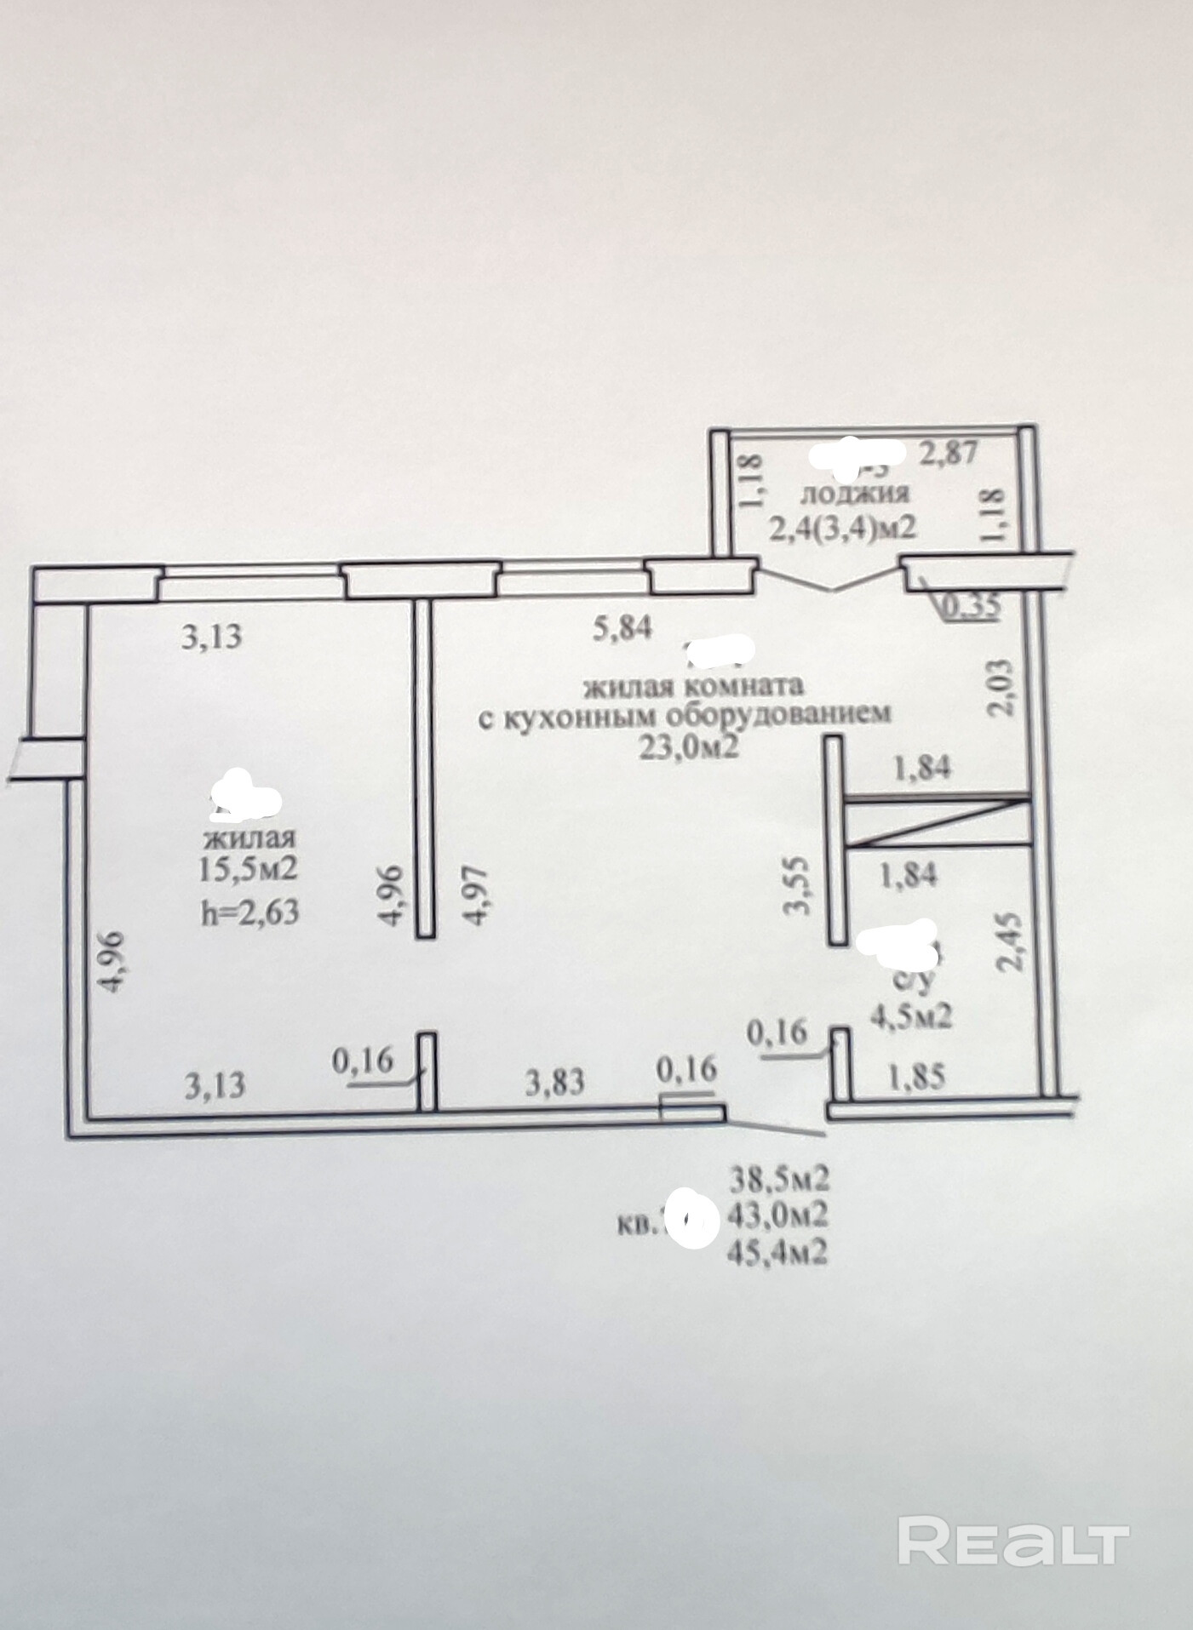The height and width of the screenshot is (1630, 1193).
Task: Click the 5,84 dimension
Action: coord(622,629)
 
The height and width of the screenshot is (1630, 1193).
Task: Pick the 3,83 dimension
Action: coord(555,1083)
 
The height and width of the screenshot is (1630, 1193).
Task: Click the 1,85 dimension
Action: coord(916,1078)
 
